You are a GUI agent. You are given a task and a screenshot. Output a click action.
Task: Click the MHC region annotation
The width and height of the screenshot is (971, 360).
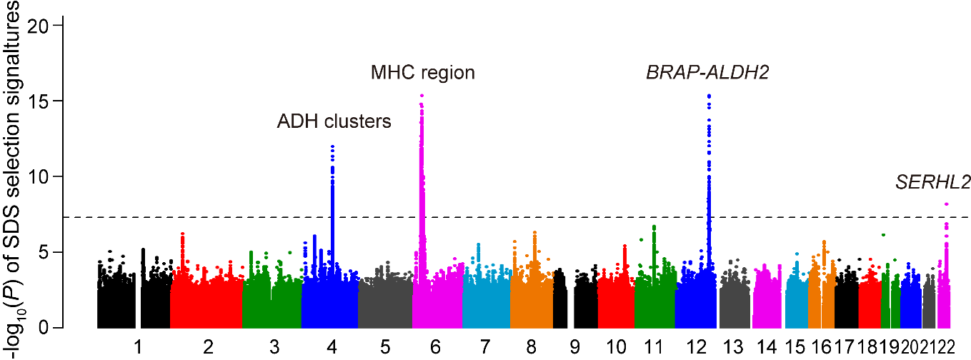point(423,73)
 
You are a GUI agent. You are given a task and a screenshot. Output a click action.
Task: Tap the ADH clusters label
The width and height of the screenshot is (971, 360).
point(334,122)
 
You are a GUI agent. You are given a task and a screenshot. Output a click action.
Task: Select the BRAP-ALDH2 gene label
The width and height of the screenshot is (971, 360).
point(707,73)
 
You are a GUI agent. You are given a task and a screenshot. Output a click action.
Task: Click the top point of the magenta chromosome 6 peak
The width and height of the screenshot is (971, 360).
point(422,96)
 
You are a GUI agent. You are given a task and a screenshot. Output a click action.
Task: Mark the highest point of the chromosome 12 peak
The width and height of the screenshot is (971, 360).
point(708,96)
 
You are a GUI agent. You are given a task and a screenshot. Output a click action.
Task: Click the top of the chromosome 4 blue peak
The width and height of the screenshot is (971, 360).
point(332,146)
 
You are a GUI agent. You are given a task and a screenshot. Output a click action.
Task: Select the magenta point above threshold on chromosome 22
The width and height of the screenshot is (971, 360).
point(947,204)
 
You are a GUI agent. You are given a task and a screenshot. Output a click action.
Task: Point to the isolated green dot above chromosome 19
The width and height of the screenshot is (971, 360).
point(884,235)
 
